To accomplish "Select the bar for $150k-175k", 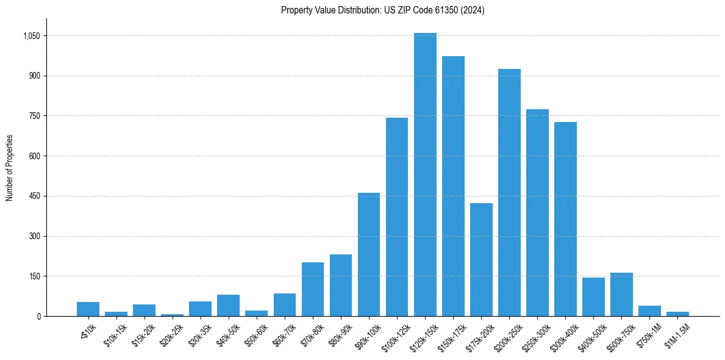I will click(453, 186).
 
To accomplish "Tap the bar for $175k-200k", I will click(481, 259).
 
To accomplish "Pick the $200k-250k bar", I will click(509, 192).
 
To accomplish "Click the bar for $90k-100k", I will click(369, 254).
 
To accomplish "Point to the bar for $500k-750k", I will click(621, 294).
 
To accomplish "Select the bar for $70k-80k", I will click(313, 289).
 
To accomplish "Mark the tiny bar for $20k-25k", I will click(172, 315).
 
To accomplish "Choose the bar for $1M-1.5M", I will click(677, 314).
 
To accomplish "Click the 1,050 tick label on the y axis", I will click(31, 36).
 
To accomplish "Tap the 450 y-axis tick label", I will click(34, 196).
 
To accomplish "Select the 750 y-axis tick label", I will click(34, 116).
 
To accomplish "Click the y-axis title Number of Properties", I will click(9, 168).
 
